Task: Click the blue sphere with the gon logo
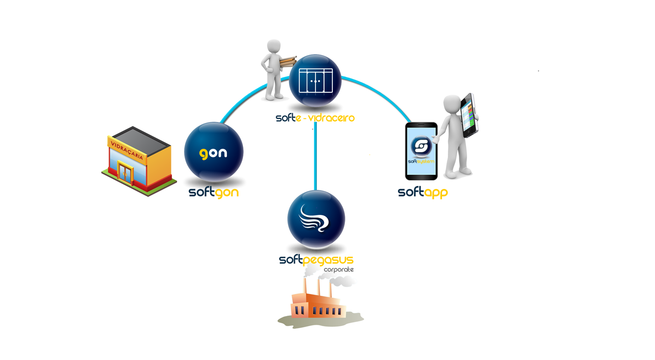click(x=214, y=152)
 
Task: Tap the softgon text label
click(x=214, y=192)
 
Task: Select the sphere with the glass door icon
click(x=315, y=81)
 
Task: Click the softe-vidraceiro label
click(x=315, y=117)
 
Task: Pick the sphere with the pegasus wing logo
click(x=316, y=218)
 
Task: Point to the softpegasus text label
click(x=316, y=260)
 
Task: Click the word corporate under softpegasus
click(x=339, y=269)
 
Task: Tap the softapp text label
click(x=423, y=192)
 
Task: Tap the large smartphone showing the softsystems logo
click(x=421, y=151)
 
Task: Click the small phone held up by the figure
click(x=469, y=115)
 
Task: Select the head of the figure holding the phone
click(x=453, y=103)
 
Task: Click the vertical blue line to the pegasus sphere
click(x=315, y=159)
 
